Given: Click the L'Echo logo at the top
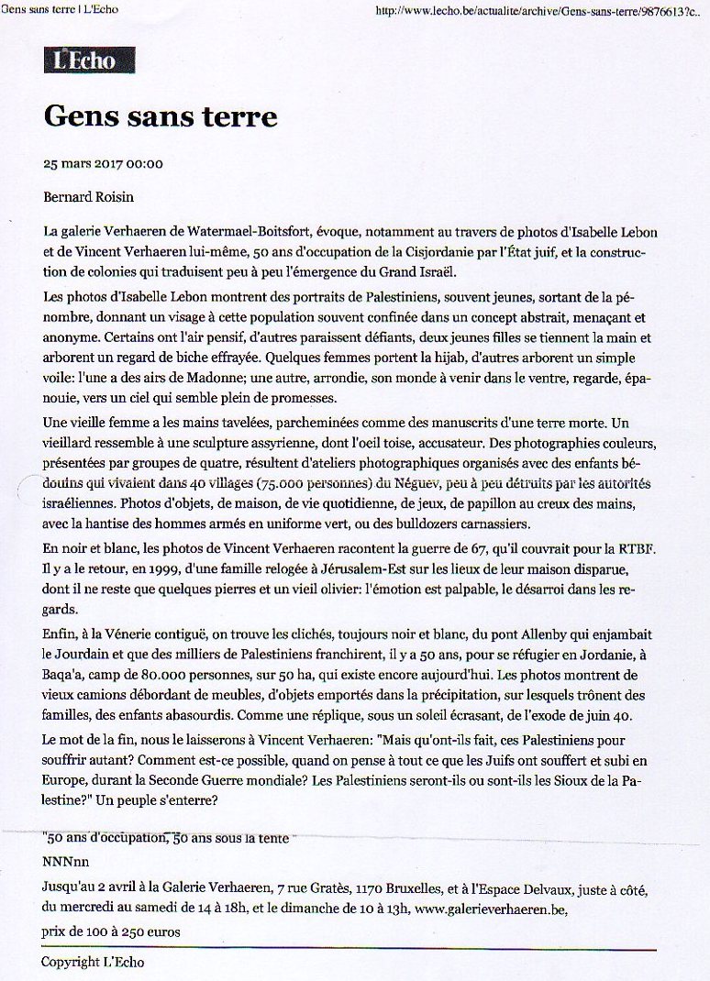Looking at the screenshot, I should click(89, 61).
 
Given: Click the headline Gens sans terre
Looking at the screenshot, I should click(161, 117).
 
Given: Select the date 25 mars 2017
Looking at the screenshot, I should click(83, 165).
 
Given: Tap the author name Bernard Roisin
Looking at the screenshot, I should click(90, 197).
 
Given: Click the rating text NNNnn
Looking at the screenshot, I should click(65, 863).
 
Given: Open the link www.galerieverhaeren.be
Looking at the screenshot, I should click(491, 909).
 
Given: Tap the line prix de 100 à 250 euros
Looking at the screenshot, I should click(111, 931).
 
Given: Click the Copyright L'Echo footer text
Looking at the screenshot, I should click(93, 962).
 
